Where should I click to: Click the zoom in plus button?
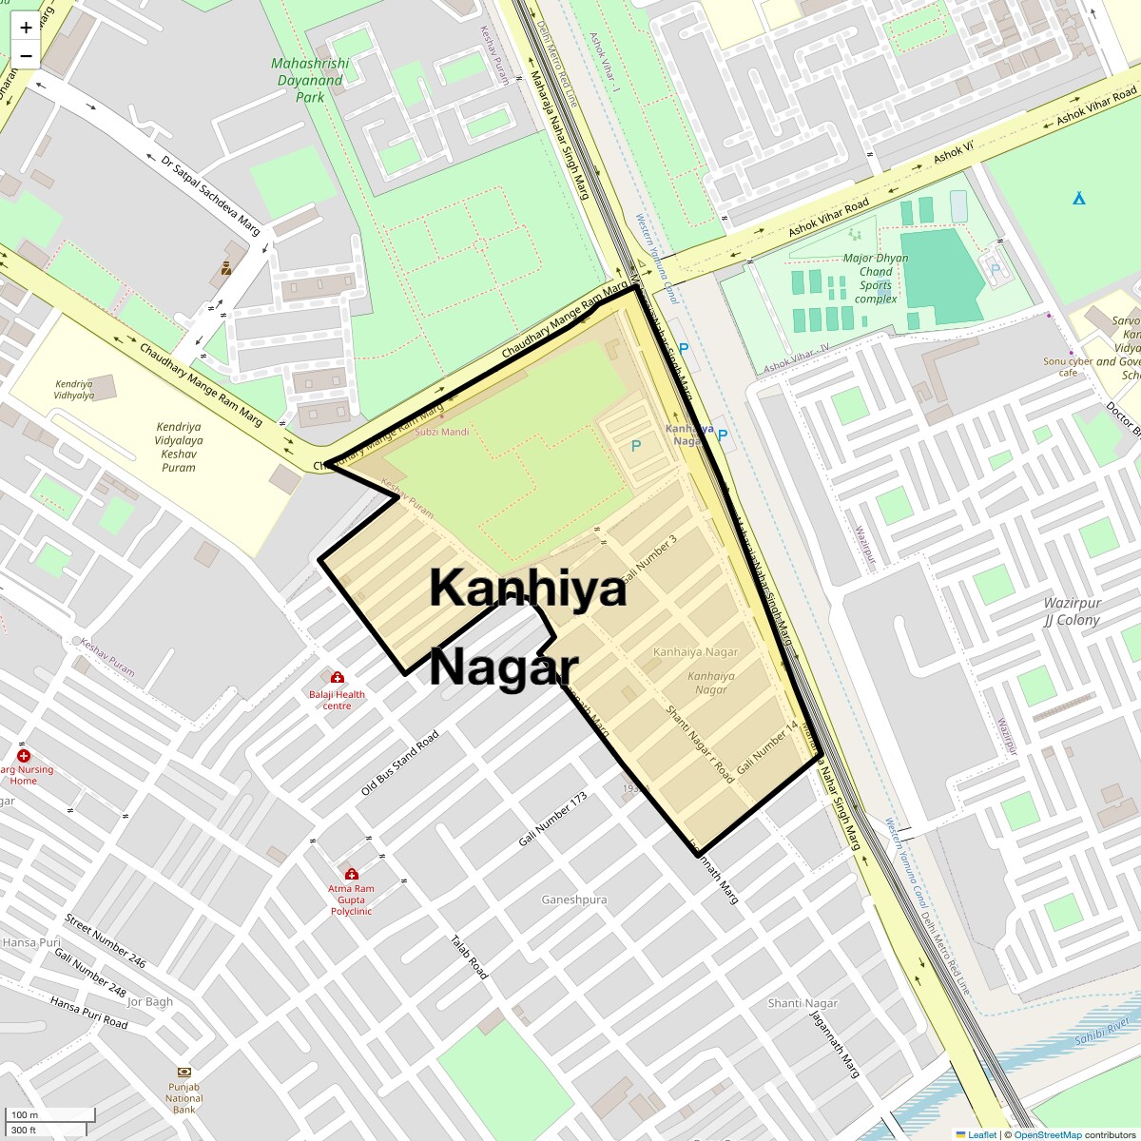point(26,27)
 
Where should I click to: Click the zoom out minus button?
point(26,56)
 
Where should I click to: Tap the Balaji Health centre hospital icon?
point(337,677)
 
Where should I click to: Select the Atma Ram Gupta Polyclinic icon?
point(351,874)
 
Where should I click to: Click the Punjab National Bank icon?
point(184,1072)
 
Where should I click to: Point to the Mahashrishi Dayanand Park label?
point(310,80)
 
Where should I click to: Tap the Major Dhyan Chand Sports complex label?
point(876,278)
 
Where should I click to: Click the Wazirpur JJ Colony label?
point(1072,611)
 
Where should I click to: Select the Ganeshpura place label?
point(574,899)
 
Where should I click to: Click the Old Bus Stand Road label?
point(400,764)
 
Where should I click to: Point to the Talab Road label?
point(469,957)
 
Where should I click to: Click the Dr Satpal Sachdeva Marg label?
point(210,195)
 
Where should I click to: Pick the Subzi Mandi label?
point(441,432)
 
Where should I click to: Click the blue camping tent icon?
point(1079,199)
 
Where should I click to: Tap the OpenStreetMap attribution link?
point(1047,1134)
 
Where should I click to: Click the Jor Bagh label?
point(150,1001)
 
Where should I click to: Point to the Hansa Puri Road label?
point(88,1014)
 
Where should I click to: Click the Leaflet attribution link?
point(981,1134)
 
